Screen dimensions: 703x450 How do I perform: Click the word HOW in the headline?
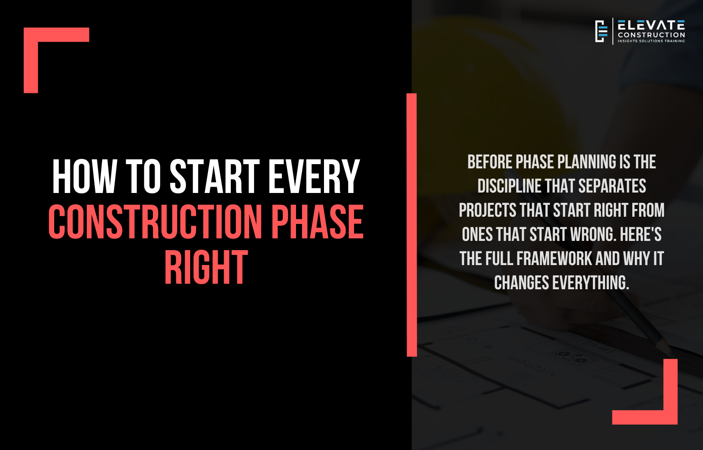(x=84, y=176)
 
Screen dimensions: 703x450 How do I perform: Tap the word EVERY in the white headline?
(x=313, y=176)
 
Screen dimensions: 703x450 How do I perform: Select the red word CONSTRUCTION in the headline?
(x=155, y=221)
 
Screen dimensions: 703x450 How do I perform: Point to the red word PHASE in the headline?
(x=317, y=221)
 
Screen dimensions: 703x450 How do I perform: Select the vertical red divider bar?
(x=412, y=225)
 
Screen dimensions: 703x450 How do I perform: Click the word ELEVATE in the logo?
(x=651, y=25)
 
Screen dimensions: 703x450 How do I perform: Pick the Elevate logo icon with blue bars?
(x=601, y=31)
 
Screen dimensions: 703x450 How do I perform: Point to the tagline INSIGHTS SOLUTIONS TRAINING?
(x=651, y=41)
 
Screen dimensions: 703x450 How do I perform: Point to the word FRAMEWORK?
(x=554, y=259)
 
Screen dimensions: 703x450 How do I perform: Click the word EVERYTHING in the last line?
(x=591, y=283)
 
